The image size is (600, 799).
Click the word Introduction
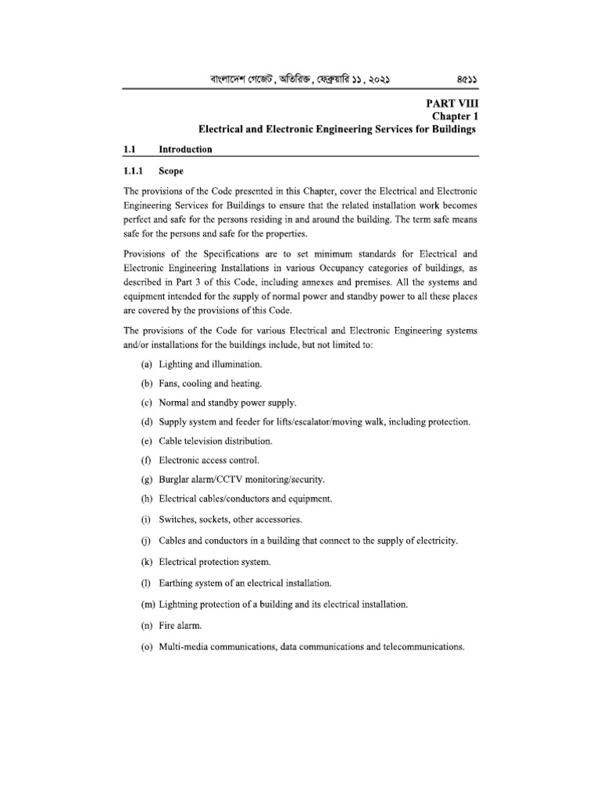click(185, 148)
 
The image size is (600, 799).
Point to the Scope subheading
click(171, 172)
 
